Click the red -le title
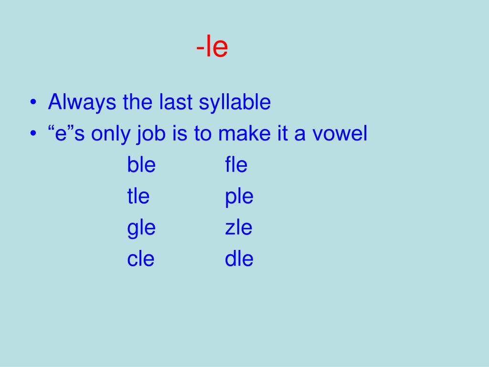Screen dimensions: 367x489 click(x=212, y=48)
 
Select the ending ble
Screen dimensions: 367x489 click(x=141, y=165)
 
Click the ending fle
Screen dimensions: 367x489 click(x=236, y=165)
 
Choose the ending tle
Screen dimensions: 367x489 click(x=138, y=196)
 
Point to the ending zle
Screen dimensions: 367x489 click(x=238, y=227)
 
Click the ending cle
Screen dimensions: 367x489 click(x=141, y=259)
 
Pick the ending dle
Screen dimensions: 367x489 click(x=239, y=259)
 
